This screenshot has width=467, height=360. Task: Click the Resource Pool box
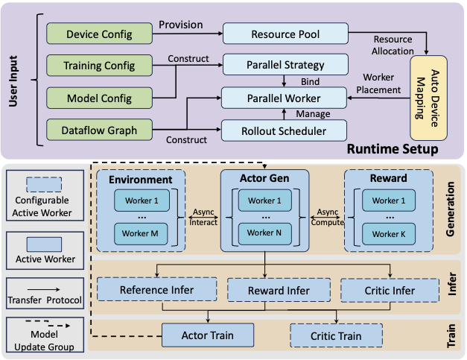tap(285, 34)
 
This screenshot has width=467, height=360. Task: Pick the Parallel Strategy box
tap(285, 65)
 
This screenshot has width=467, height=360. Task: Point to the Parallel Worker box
tap(285, 98)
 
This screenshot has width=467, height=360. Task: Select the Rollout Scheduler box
tap(285, 130)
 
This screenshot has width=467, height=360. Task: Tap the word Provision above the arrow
tap(180, 25)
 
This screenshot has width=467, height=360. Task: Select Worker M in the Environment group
tap(141, 233)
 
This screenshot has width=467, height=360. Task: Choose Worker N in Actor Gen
tap(264, 233)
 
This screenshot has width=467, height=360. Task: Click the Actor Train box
tap(208, 335)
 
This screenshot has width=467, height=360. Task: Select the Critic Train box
tap(335, 336)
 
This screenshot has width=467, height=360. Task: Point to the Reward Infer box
tap(267, 290)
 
